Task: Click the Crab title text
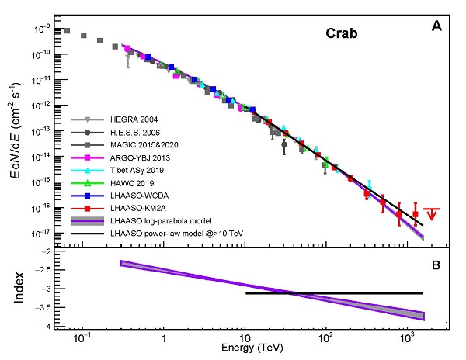pos(341,35)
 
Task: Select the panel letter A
pos(436,27)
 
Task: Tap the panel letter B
pos(436,265)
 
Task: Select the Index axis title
pos(20,288)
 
